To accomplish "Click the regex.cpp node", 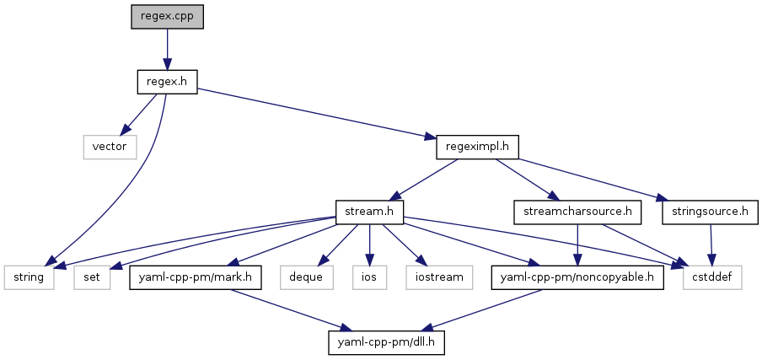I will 167,17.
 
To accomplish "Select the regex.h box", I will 167,82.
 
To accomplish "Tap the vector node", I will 110,147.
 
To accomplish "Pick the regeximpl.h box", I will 477,147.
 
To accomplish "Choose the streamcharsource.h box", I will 577,211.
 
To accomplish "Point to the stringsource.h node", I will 710,211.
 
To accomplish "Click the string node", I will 30,276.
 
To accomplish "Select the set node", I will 93,276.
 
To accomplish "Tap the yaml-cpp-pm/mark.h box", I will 196,276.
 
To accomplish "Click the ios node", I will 368,276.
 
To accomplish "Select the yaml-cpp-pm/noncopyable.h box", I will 577,276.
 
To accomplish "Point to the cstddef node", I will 712,276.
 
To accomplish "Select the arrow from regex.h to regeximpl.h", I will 320,114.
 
